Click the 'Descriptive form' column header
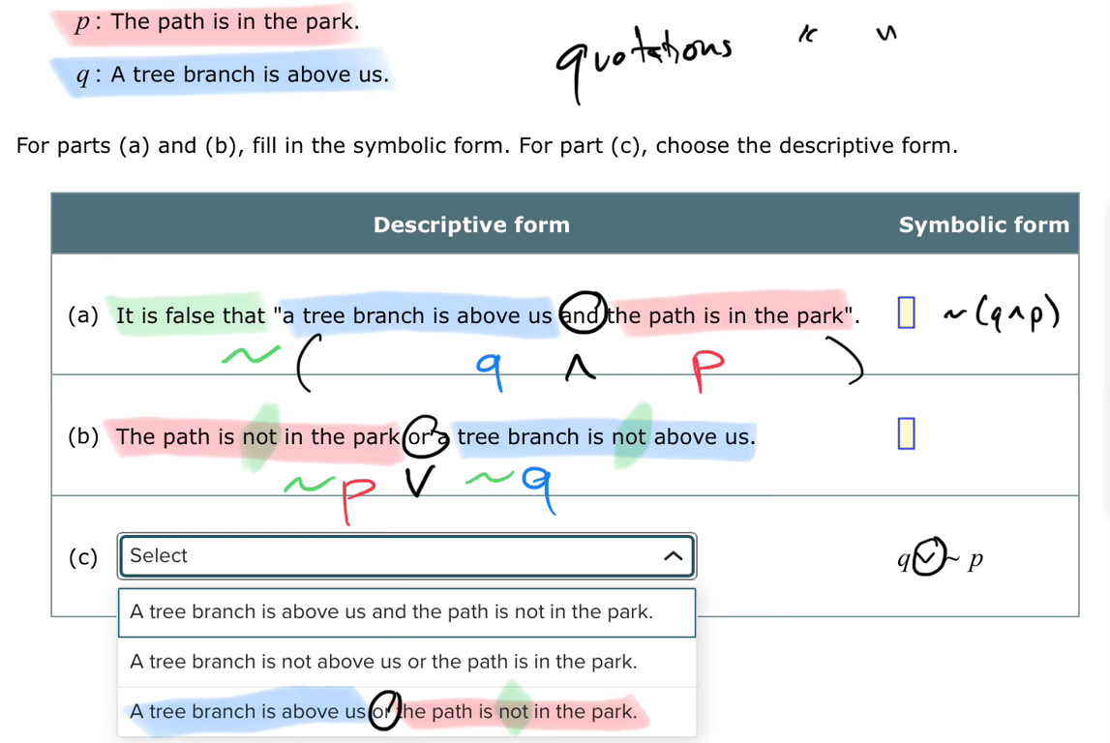click(x=471, y=225)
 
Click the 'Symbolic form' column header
click(x=983, y=225)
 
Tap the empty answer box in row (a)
click(x=905, y=313)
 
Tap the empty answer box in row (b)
click(x=905, y=434)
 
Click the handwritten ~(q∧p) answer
click(x=1003, y=313)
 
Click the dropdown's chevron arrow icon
click(x=673, y=556)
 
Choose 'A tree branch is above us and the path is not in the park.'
click(x=392, y=612)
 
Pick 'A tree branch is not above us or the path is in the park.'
click(x=384, y=663)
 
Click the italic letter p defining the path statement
click(x=83, y=23)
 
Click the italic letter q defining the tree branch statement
click(x=83, y=76)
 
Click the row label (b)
click(x=83, y=436)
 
